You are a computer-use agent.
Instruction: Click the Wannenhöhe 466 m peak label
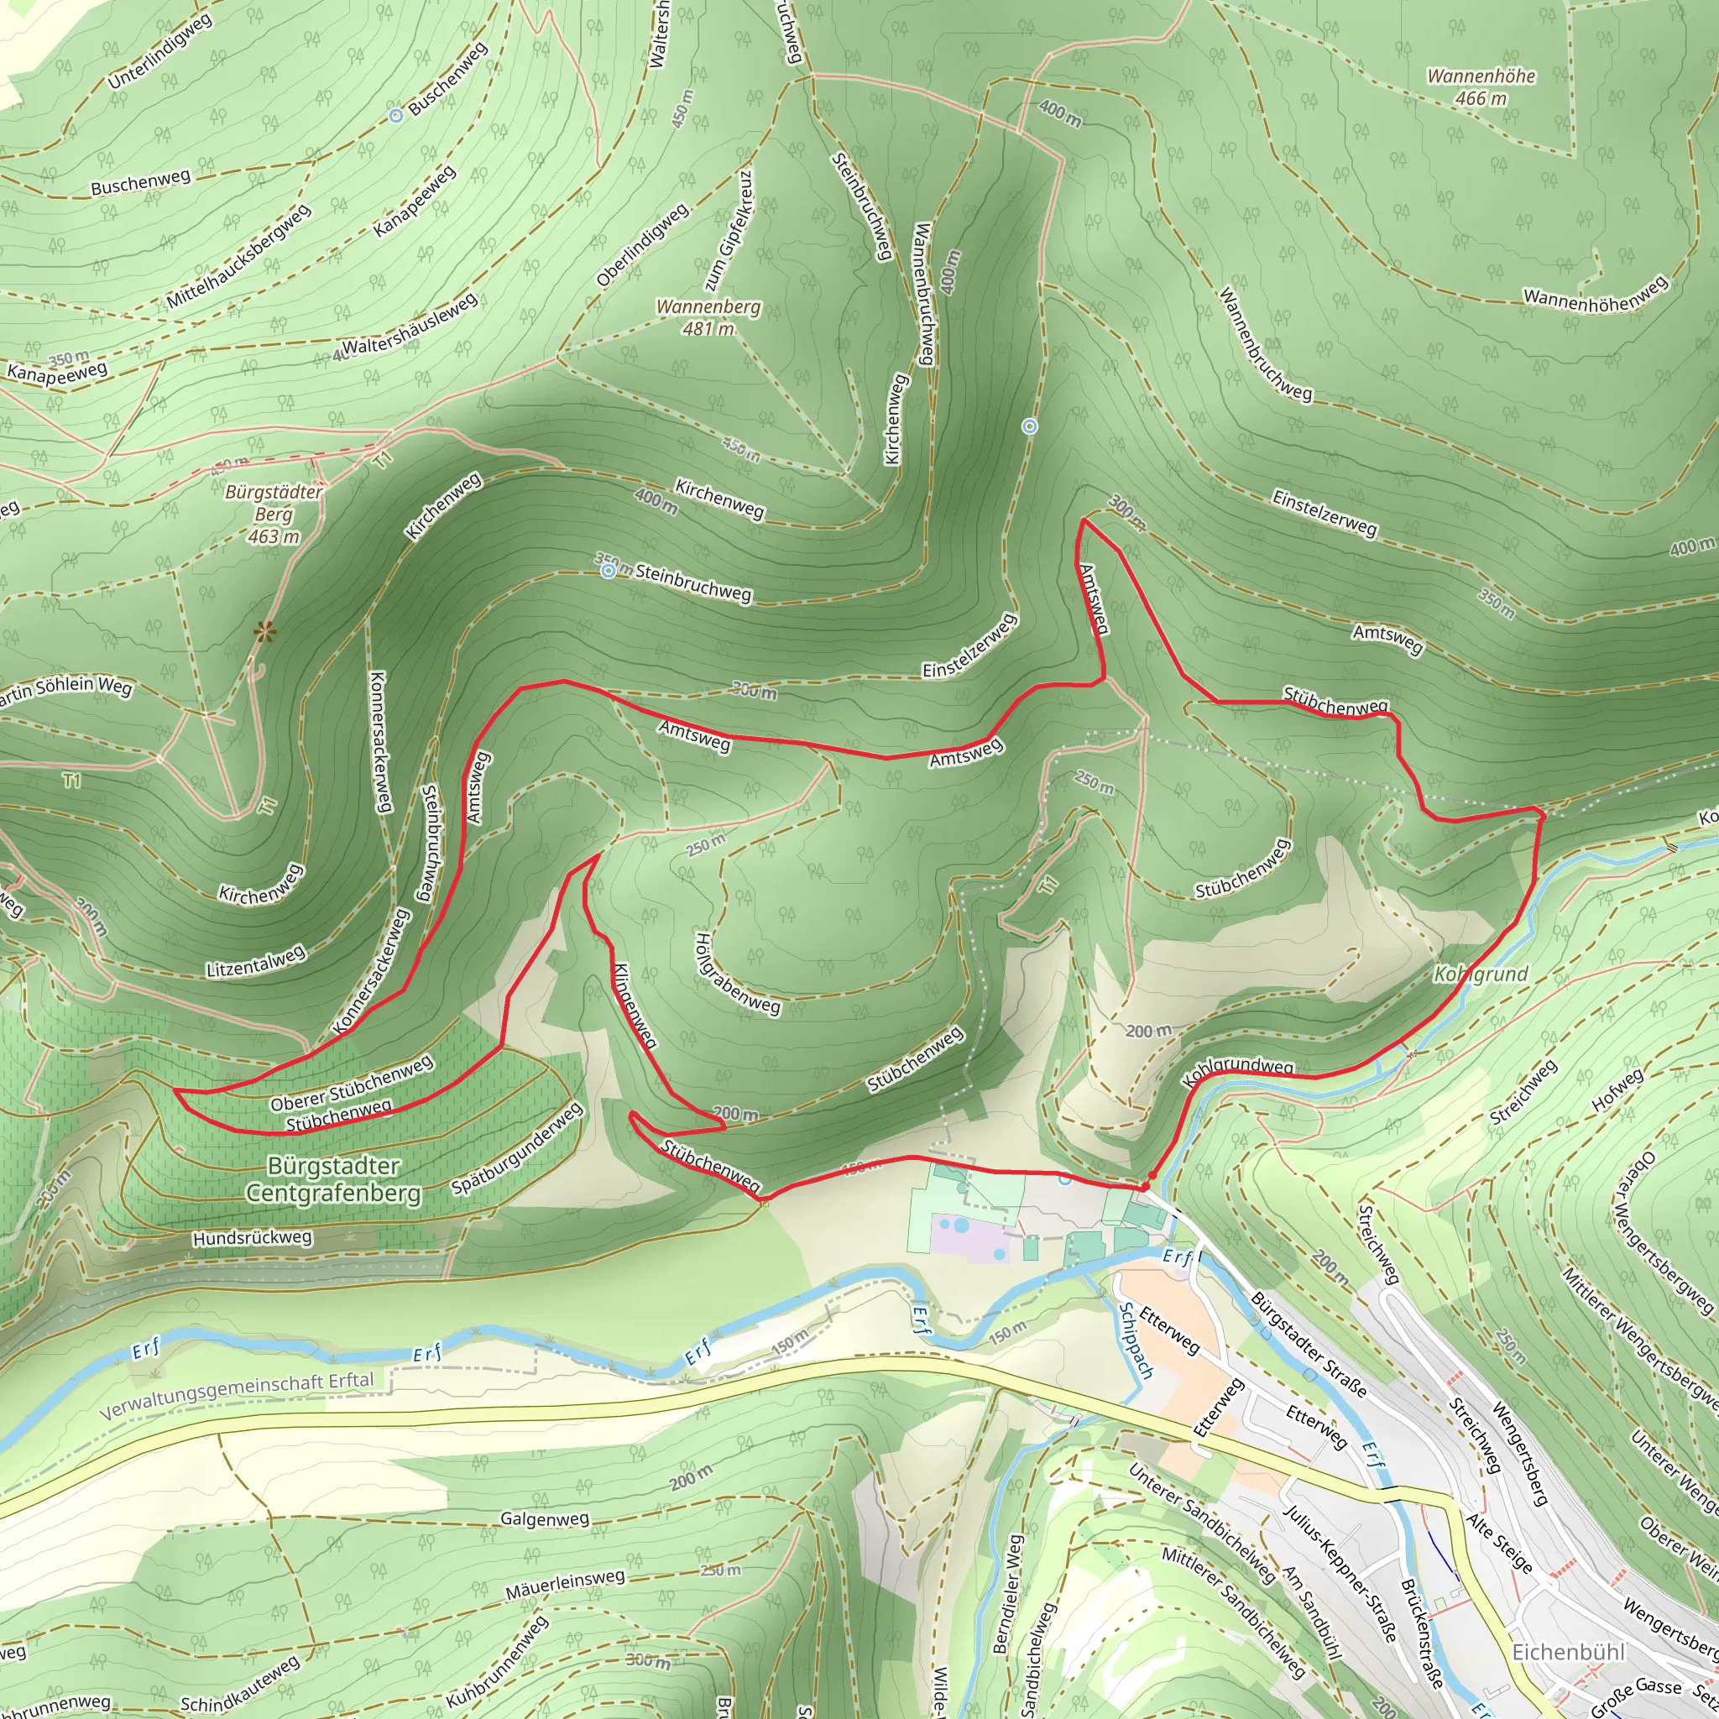click(1481, 87)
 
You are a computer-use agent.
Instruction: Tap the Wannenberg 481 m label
click(708, 317)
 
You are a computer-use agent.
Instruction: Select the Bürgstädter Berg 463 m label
click(273, 515)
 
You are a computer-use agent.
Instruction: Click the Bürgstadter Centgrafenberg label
click(334, 1179)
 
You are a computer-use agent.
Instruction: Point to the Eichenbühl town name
click(1569, 1652)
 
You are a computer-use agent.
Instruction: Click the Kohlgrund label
click(1481, 974)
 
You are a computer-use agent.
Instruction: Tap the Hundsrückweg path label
click(252, 1238)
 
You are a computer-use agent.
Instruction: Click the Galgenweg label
click(545, 1518)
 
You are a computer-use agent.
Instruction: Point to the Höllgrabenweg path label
click(738, 974)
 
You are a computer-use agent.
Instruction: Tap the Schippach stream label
click(1135, 1340)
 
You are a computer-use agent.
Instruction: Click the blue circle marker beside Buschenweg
click(396, 115)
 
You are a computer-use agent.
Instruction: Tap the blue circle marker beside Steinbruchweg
click(608, 570)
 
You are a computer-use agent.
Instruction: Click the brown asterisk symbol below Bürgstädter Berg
click(264, 633)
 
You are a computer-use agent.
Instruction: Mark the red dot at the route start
click(1146, 1186)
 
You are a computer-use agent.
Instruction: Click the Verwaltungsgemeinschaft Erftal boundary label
click(237, 1396)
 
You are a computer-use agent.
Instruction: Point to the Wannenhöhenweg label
click(1596, 295)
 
